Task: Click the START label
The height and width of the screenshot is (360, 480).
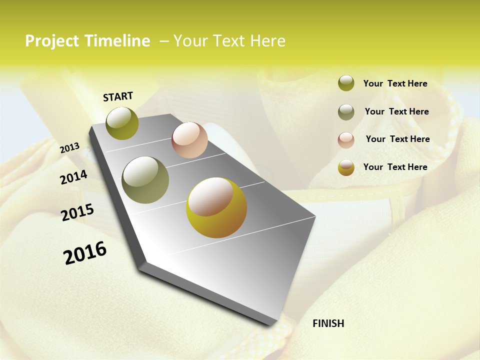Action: tap(118, 96)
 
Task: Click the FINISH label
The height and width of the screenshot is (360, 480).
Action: tap(328, 323)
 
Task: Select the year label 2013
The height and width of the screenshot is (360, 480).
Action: tap(69, 148)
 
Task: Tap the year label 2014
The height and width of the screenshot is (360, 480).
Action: tap(73, 177)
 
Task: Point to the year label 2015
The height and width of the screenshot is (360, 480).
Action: tap(77, 212)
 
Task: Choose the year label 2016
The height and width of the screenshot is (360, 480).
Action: tap(85, 252)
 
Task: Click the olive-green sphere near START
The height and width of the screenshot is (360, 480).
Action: tap(122, 123)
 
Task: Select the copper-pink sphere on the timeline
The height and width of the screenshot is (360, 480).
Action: tap(189, 140)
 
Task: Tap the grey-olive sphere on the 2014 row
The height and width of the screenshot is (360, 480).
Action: tap(145, 180)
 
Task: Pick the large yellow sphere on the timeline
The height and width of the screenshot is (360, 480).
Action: tap(216, 207)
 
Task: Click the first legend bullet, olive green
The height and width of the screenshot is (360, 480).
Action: tap(346, 83)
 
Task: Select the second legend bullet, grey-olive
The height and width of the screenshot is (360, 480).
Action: tap(346, 112)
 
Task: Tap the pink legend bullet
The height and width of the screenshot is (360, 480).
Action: tap(346, 139)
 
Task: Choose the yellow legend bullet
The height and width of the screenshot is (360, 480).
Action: tap(346, 167)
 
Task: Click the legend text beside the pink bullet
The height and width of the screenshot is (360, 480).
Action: tap(397, 139)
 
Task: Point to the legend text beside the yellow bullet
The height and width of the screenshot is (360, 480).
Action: tap(395, 167)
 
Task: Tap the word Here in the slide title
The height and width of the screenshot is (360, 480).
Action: tap(267, 41)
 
